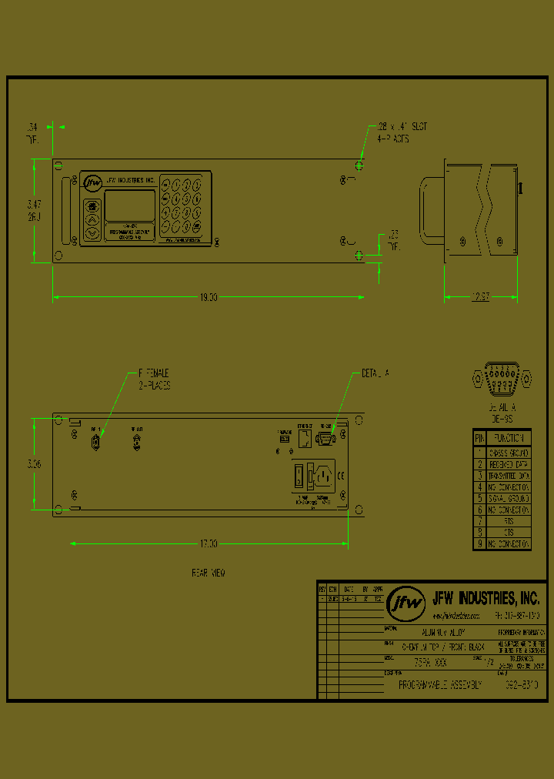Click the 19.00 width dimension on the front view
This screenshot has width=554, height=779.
tap(209, 297)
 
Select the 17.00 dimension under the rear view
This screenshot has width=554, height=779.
tap(209, 543)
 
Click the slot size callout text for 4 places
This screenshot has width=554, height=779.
tap(402, 126)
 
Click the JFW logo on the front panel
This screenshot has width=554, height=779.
tap(92, 182)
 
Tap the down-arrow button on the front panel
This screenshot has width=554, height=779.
tap(92, 232)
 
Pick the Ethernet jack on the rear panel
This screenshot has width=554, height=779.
tap(305, 438)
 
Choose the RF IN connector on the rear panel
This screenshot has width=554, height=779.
tap(96, 443)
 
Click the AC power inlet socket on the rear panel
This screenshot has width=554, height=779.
tap(324, 476)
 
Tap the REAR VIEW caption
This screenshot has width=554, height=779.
tap(208, 573)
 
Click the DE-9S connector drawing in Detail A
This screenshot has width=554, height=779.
tap(502, 379)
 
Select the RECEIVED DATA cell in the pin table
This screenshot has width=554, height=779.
tap(509, 464)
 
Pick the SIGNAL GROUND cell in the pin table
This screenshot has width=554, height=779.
tap(509, 498)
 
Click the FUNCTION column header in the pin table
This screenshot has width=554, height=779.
tap(509, 437)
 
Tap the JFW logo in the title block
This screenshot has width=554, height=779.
tap(405, 603)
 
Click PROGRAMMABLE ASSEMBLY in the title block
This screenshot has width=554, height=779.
tap(440, 684)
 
